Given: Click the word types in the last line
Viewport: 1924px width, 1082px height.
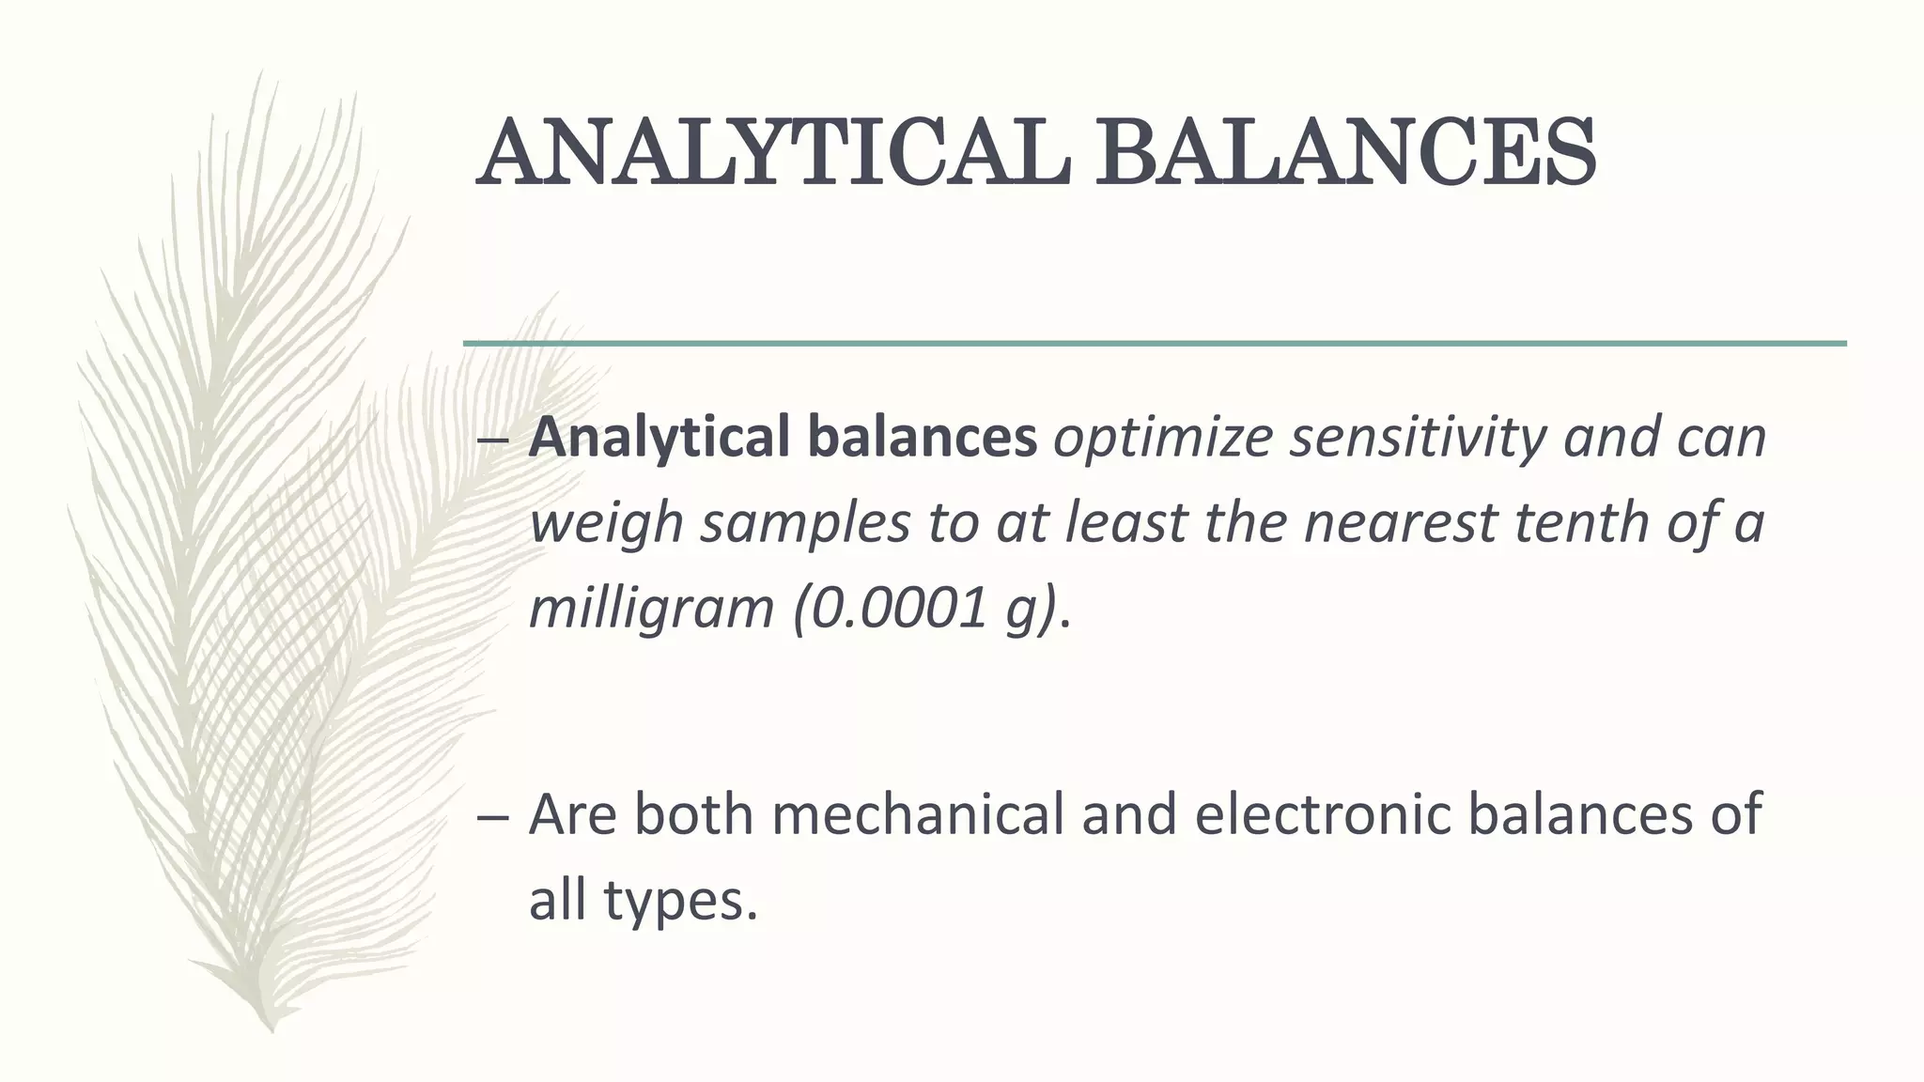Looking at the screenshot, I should pyautogui.click(x=680, y=902).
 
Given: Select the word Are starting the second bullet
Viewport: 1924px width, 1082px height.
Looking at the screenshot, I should pyautogui.click(x=573, y=813).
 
